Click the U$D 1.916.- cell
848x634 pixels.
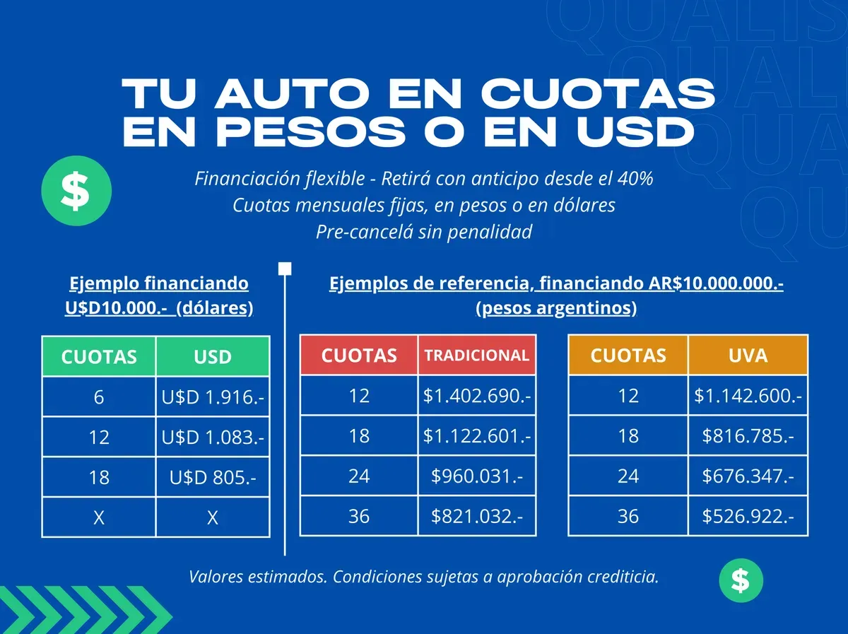click(213, 397)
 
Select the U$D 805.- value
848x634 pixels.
click(213, 478)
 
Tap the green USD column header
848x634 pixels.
click(213, 356)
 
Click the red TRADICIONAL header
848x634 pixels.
click(476, 356)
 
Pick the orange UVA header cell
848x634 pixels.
click(748, 355)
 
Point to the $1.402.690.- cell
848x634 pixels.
click(476, 396)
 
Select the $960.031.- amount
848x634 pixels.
click(476, 476)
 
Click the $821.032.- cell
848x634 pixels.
click(476, 517)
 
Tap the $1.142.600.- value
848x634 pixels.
click(748, 396)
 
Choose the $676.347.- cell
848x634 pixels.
click(748, 476)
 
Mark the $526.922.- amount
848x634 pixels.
click(748, 517)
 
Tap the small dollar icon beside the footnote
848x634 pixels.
click(741, 580)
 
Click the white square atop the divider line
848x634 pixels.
click(285, 269)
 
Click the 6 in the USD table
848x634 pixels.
click(99, 397)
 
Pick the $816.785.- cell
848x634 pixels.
click(748, 436)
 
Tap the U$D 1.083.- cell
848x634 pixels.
click(213, 438)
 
